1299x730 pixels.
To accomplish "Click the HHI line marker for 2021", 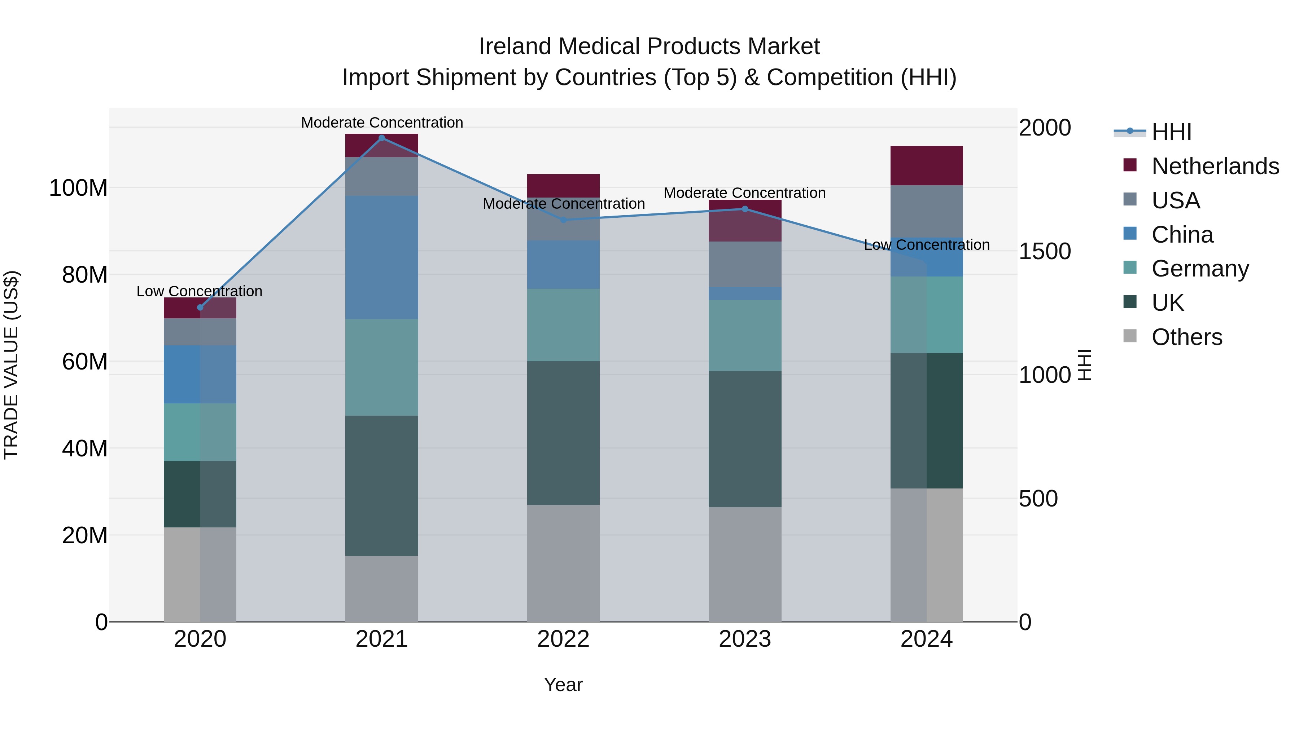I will pos(382,138).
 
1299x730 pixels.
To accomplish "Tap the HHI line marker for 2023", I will pos(745,209).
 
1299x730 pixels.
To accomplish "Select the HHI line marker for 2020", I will pos(200,307).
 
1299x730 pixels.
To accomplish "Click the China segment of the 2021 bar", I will pos(382,257).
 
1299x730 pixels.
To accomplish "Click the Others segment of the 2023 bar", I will pos(745,564).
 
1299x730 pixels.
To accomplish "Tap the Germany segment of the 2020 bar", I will pos(200,432).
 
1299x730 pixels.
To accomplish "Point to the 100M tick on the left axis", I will pos(78,188).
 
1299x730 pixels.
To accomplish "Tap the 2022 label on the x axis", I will pos(563,639).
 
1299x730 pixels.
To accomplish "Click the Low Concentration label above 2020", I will pos(199,291).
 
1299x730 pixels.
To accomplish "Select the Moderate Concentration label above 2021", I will pos(382,123).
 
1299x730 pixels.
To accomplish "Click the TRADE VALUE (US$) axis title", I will pos(11,365).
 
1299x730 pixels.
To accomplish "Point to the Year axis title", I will pos(563,685).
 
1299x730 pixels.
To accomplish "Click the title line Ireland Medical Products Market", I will pos(649,47).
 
